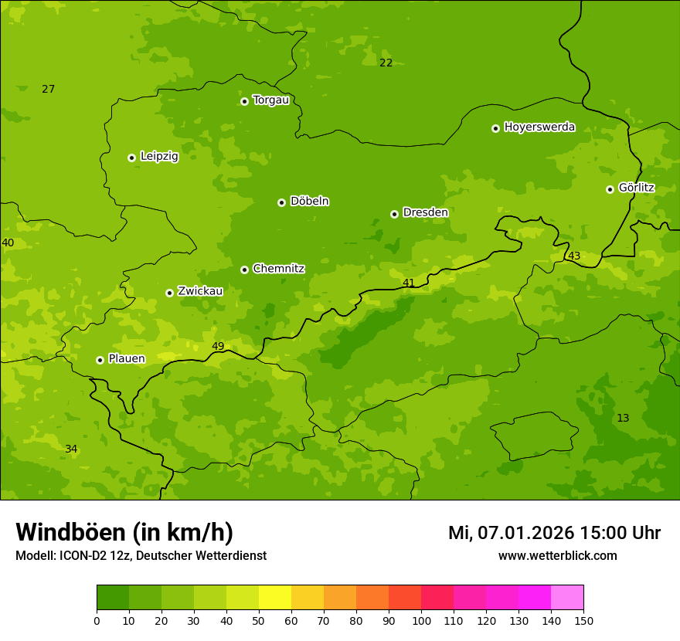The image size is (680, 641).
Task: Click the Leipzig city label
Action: tap(159, 156)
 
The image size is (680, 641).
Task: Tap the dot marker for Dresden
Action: tap(394, 214)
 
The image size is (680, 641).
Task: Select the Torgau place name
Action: tap(270, 100)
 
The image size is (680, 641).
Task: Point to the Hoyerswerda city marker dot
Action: tap(495, 128)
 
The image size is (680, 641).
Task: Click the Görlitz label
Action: tap(636, 188)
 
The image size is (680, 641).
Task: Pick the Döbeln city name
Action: tap(309, 201)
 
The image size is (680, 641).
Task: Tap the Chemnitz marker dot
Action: tap(244, 270)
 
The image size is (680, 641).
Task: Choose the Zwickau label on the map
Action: tap(200, 291)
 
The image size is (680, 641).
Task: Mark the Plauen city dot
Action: tap(100, 360)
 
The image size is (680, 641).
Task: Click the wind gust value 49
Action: tap(218, 346)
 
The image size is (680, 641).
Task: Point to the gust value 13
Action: tap(623, 418)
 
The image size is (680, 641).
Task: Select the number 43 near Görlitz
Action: tap(574, 256)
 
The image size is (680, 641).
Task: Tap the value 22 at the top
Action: tap(386, 63)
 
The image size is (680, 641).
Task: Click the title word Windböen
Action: tap(70, 532)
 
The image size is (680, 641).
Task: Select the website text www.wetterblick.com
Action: tap(557, 556)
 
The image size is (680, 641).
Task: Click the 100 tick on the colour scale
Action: tap(421, 620)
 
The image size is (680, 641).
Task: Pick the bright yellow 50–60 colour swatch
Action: tap(275, 598)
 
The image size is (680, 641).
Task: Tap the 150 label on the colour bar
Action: tap(583, 620)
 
